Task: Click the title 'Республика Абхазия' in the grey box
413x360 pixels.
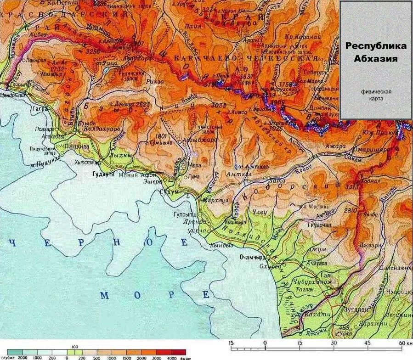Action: click(376, 52)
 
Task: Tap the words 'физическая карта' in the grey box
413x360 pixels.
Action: click(376, 95)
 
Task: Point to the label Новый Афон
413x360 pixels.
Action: click(136, 175)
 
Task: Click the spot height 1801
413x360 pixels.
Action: click(162, 136)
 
